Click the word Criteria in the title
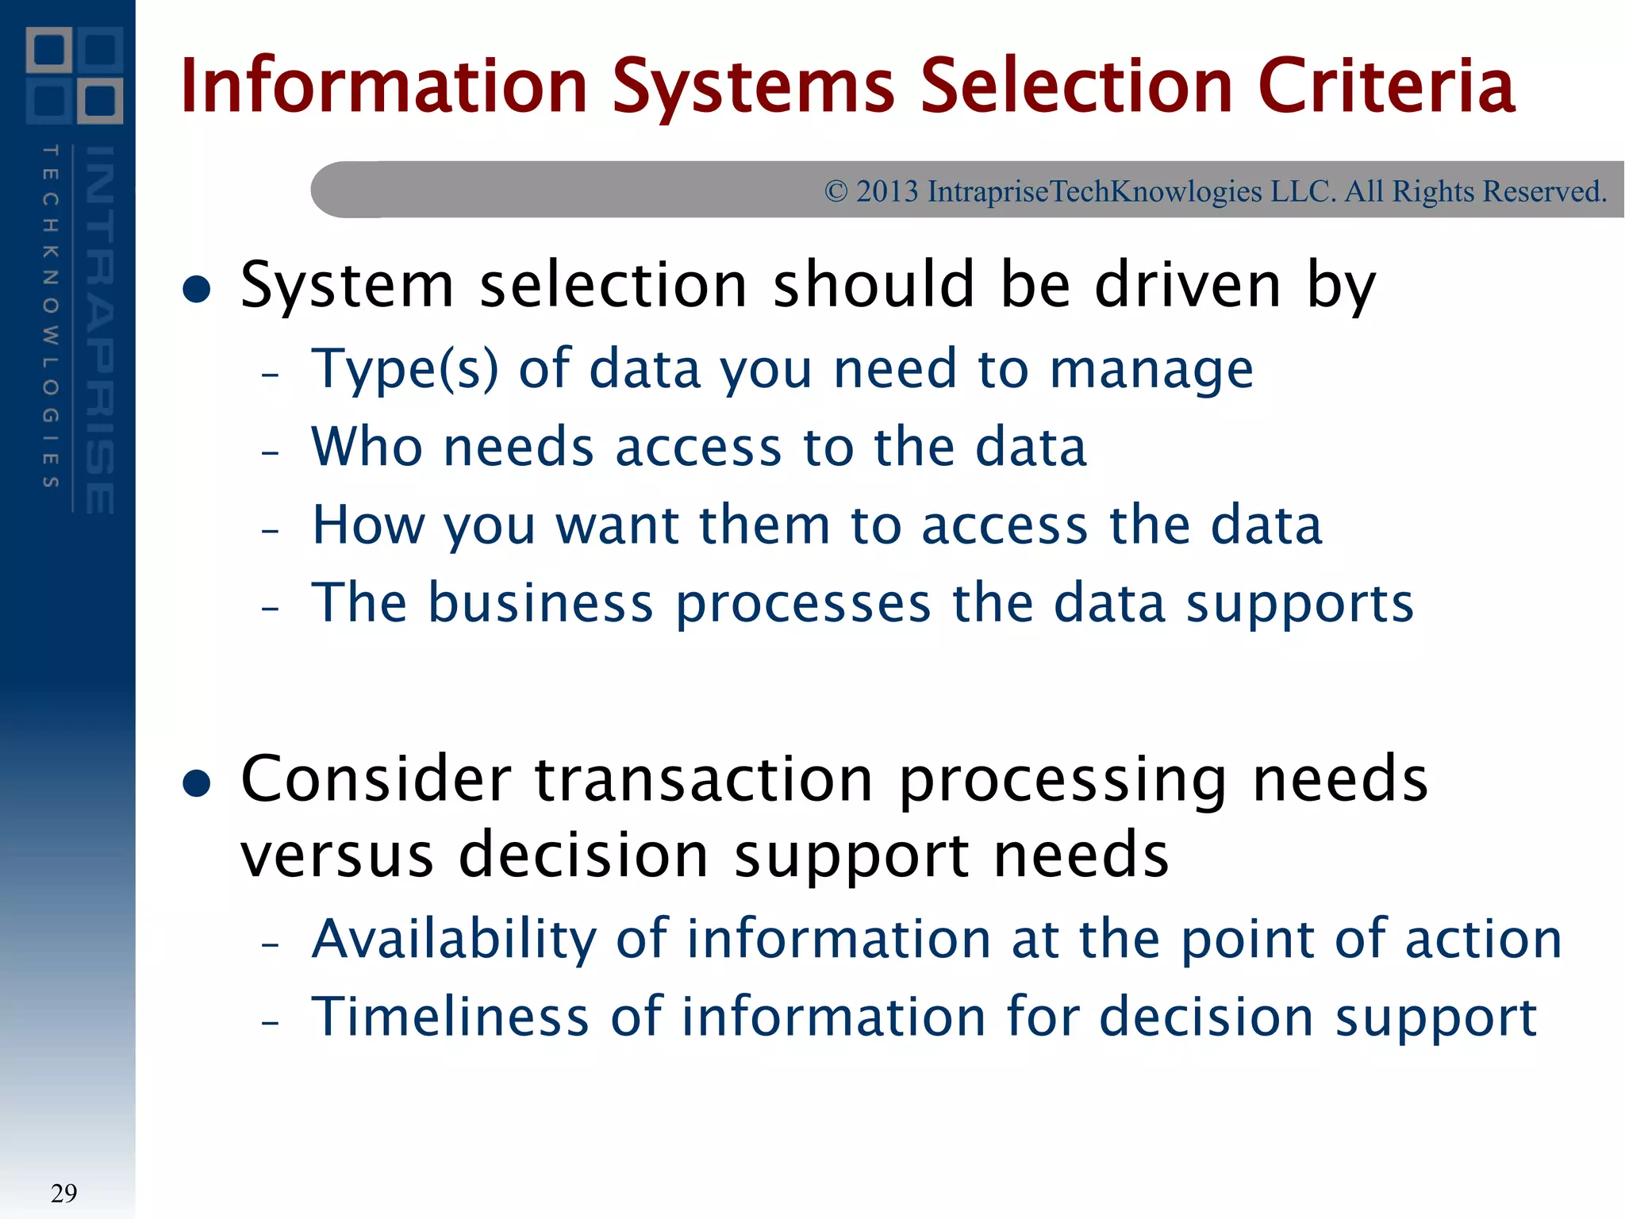[x=1386, y=86]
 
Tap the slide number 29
[x=63, y=1193]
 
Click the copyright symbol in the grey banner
[x=836, y=191]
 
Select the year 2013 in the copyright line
[x=887, y=191]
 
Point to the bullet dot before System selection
[x=196, y=289]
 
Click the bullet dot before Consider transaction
[x=196, y=783]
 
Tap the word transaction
[x=704, y=780]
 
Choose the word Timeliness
[x=450, y=1017]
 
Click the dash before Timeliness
[x=271, y=1022]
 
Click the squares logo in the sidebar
[x=75, y=75]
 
